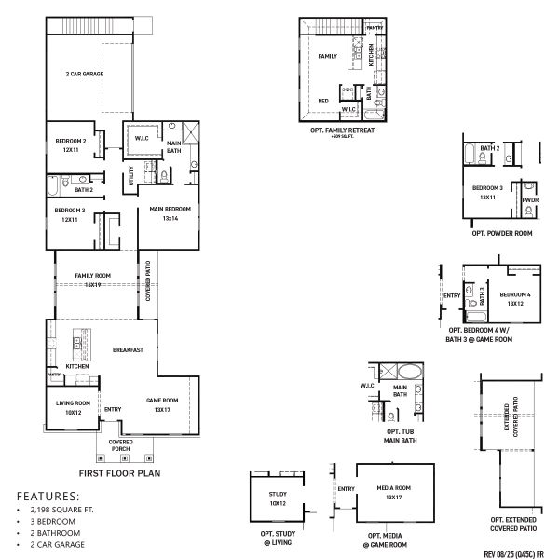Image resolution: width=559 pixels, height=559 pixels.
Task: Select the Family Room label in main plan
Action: click(x=91, y=279)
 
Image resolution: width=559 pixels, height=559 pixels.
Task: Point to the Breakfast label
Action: click(x=127, y=350)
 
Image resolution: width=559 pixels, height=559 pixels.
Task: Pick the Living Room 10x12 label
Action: click(x=72, y=408)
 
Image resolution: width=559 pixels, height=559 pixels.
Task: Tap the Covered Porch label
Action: click(x=121, y=444)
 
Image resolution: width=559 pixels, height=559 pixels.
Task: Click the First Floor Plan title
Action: click(x=121, y=473)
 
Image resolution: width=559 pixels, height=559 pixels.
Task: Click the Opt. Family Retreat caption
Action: click(x=342, y=131)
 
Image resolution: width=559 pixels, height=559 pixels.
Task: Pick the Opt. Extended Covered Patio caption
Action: click(x=512, y=524)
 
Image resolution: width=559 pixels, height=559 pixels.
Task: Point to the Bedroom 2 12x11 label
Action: click(x=71, y=145)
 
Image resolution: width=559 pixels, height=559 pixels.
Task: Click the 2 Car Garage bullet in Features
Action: click(x=58, y=544)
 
